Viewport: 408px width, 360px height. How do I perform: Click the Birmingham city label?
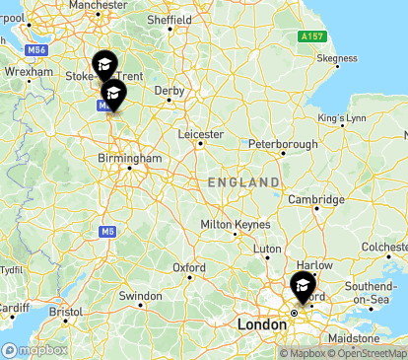point(129,158)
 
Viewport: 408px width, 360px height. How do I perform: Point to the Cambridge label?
point(315,199)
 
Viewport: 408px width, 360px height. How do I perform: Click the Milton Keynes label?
point(235,225)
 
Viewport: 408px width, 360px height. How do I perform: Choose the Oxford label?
point(189,267)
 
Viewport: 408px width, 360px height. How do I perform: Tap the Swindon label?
point(140,296)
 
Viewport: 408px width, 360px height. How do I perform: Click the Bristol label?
point(66,311)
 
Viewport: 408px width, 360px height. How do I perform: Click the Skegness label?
point(337,58)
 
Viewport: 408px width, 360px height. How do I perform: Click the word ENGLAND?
point(243,183)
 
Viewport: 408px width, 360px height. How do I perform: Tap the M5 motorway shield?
point(106,231)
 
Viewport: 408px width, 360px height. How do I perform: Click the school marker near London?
point(302,286)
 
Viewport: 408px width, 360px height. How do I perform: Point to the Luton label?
point(267,249)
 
